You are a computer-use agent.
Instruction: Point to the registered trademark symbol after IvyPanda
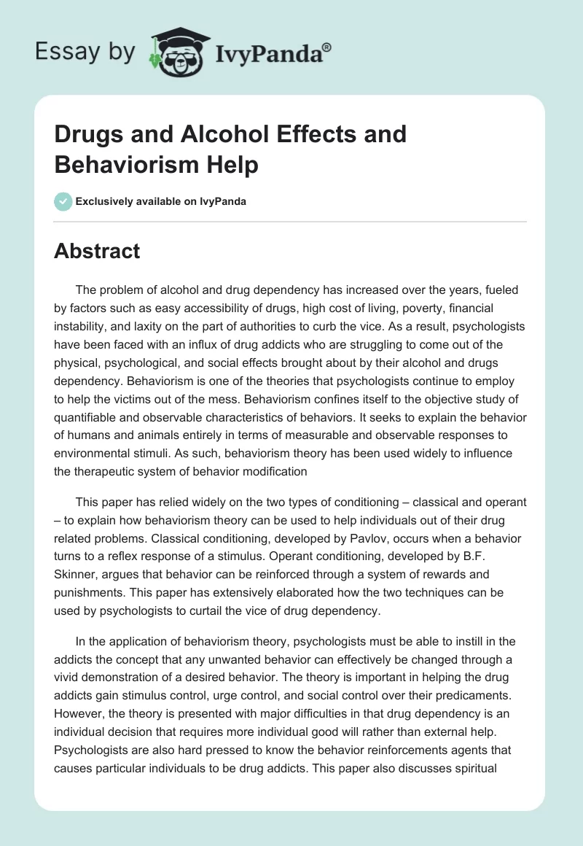click(327, 47)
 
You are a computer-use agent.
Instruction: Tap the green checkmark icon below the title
click(63, 201)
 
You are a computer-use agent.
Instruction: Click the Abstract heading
click(97, 251)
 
